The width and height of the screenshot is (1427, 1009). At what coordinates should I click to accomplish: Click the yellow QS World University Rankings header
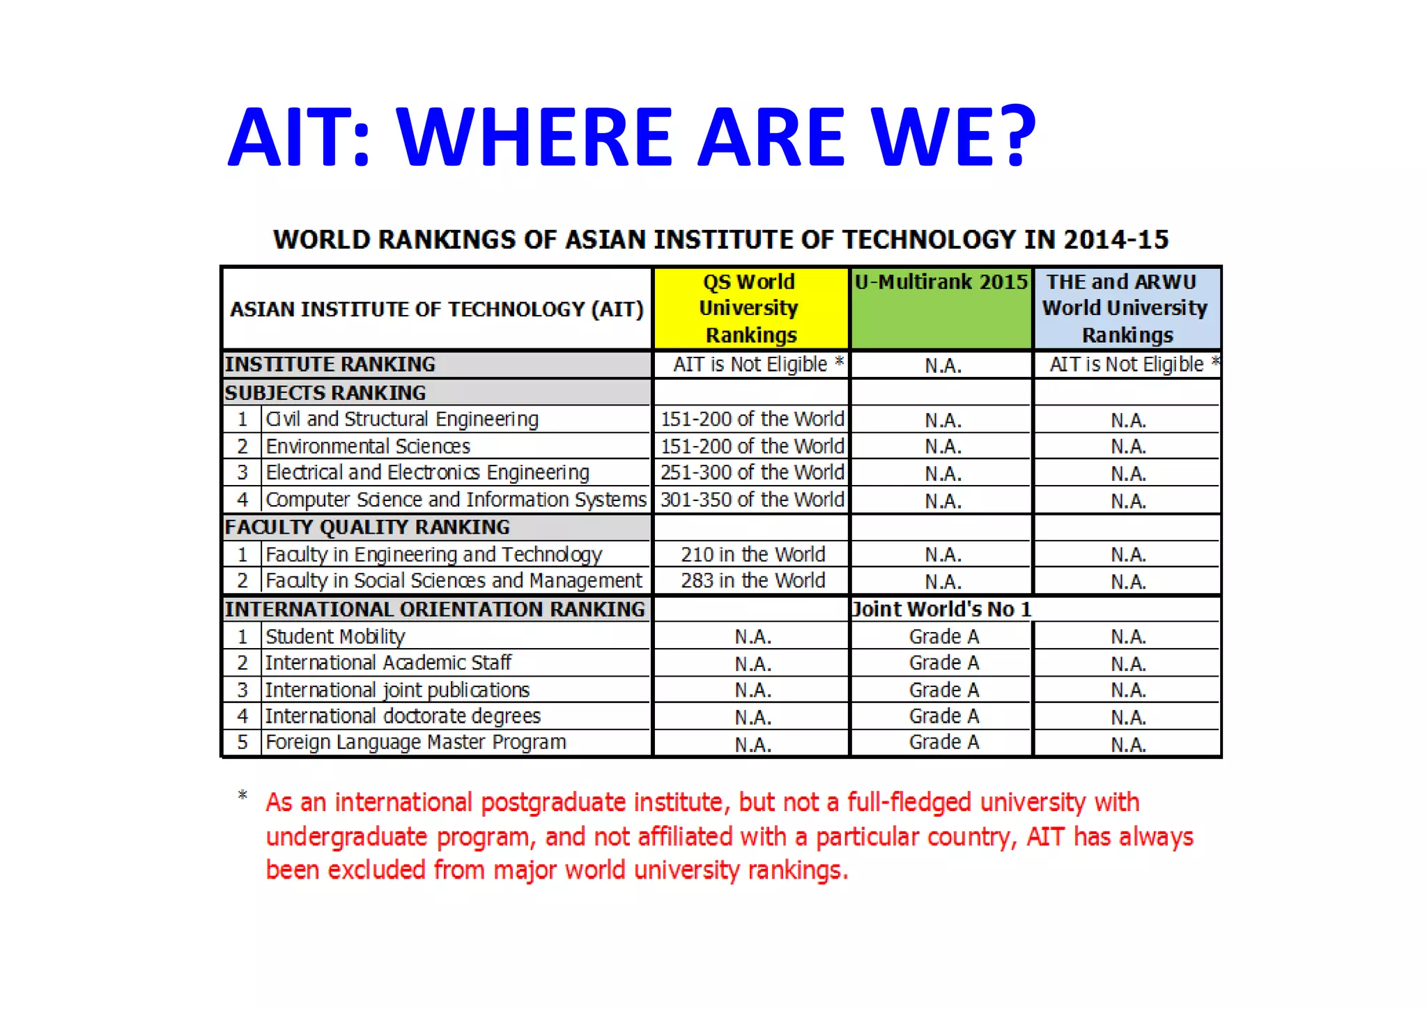pos(750,308)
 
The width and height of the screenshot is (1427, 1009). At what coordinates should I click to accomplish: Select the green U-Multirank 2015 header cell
pos(941,308)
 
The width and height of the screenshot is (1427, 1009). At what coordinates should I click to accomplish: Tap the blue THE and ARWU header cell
pos(1126,308)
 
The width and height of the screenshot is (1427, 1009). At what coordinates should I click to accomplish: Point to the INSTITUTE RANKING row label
pos(330,364)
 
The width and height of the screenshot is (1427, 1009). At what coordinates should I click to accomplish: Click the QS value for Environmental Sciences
pos(752,446)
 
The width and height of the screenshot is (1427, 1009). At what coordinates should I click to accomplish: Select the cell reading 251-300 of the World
pos(752,472)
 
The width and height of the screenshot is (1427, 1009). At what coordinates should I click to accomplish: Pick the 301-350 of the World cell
pos(752,500)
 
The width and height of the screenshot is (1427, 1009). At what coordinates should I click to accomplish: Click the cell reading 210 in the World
pos(753,555)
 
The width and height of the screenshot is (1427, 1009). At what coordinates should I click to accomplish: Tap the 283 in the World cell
pos(753,580)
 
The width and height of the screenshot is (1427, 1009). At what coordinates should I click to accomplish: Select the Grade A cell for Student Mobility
pos(943,636)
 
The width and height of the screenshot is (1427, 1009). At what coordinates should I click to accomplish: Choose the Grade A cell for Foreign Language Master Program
pos(943,742)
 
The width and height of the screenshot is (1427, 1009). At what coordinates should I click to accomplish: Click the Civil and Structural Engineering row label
pos(402,419)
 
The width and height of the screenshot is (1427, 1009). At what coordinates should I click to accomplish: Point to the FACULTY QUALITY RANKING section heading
pos(367,527)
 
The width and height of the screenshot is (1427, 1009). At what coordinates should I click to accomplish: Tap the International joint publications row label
pos(397,690)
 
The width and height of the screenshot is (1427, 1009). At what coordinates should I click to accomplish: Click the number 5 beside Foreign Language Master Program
pos(242,742)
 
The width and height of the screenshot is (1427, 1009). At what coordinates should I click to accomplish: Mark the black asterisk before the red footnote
pos(242,796)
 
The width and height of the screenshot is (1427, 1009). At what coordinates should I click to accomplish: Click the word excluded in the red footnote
pos(376,870)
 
